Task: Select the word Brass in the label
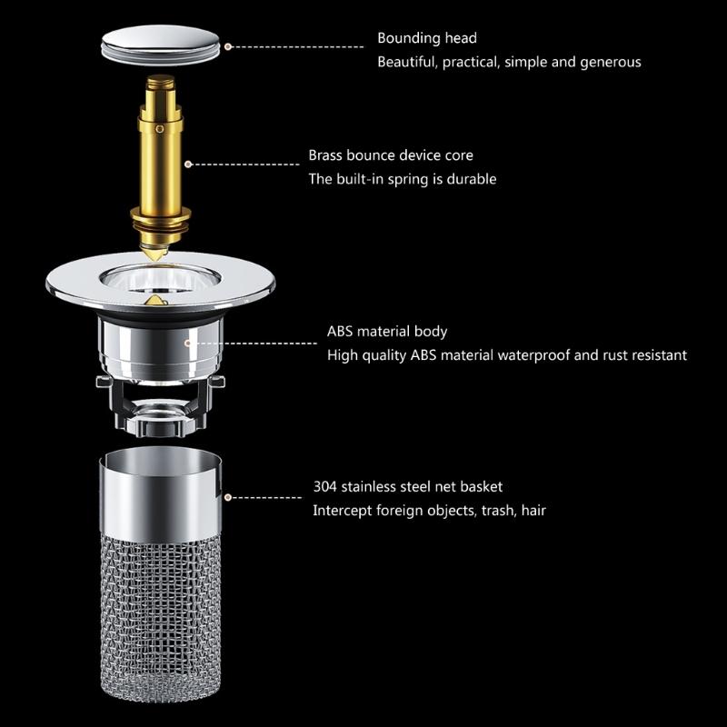click(x=325, y=155)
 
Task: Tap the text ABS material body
click(x=387, y=331)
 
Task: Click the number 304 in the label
click(x=325, y=486)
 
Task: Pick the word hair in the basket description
click(x=532, y=510)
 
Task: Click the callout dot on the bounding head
click(x=227, y=45)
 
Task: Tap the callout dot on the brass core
click(x=188, y=164)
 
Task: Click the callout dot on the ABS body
click(x=188, y=343)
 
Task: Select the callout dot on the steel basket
click(x=227, y=497)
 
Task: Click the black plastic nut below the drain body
click(x=162, y=413)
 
